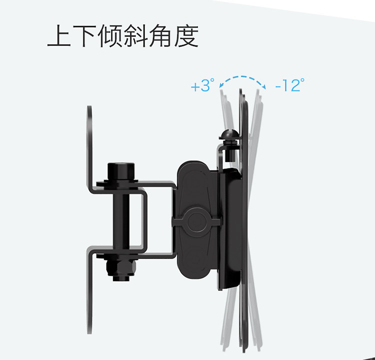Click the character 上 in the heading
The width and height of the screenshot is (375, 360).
coord(59,36)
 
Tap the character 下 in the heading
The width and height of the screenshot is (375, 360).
coord(84,36)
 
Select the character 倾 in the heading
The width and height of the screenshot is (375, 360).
coord(110,36)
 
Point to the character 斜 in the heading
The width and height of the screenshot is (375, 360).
coord(135,36)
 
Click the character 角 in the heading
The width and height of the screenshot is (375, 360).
coord(161,36)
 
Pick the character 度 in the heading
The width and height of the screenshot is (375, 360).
coord(186,36)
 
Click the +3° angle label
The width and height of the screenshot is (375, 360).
coord(202,86)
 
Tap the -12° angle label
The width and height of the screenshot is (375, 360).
coord(289,86)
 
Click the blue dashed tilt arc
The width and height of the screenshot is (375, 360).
coord(240,78)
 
